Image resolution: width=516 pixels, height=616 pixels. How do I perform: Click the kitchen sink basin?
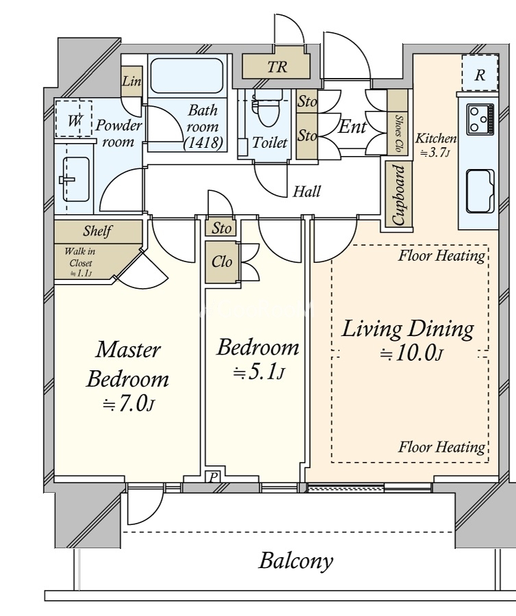click(480, 191)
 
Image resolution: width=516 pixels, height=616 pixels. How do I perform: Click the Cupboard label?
click(398, 195)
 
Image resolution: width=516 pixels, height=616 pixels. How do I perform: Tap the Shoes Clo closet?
click(397, 123)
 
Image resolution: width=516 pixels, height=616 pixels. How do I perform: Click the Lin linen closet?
click(132, 81)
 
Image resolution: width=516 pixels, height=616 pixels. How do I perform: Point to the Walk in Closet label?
click(80, 262)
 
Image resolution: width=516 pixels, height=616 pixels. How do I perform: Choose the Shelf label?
click(97, 231)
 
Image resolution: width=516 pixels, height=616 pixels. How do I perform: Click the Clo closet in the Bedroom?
click(221, 261)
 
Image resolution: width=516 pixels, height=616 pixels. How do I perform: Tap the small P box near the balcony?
click(212, 477)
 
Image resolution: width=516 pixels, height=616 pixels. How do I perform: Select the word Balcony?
click(296, 561)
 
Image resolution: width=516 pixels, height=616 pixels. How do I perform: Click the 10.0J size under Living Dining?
click(411, 353)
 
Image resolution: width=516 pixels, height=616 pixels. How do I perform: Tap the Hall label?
click(307, 192)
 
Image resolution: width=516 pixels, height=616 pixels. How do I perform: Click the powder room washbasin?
click(75, 179)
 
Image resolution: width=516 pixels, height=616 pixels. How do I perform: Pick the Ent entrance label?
click(352, 127)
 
